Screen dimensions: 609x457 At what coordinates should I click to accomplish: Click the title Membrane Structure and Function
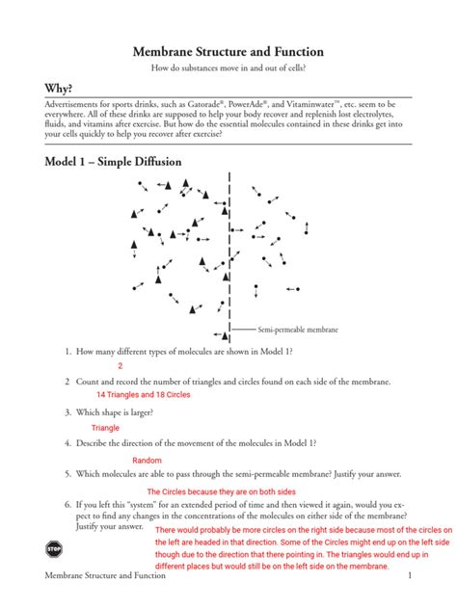pyautogui.click(x=228, y=51)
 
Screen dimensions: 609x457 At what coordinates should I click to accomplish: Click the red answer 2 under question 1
pyautogui.click(x=121, y=366)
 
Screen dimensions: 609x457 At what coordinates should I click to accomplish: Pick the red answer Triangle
pyautogui.click(x=105, y=428)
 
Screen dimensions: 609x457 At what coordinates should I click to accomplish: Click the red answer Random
pyautogui.click(x=147, y=461)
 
